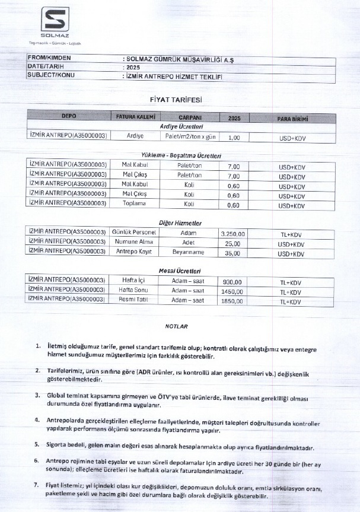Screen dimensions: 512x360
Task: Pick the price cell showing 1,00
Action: [234, 137]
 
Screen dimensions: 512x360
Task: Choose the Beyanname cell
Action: [187, 252]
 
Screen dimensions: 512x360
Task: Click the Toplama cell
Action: [133, 205]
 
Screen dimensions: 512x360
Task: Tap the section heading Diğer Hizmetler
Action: [181, 222]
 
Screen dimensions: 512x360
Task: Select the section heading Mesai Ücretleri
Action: [181, 271]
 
